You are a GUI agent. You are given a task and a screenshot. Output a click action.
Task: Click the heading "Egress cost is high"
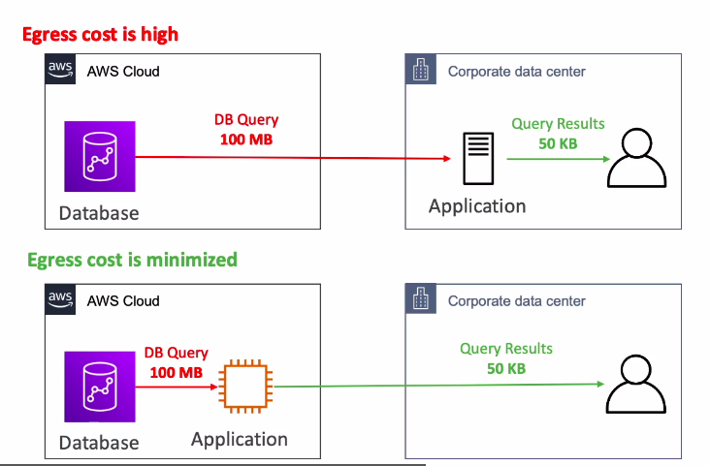(100, 35)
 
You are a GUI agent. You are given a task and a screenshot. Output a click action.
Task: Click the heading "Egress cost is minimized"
(132, 259)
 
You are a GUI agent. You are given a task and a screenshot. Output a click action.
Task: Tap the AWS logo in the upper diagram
(60, 70)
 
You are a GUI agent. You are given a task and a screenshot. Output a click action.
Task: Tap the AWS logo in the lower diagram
(60, 299)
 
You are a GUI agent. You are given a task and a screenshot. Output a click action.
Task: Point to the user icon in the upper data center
(636, 158)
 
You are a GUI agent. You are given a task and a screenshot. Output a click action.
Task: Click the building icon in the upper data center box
(421, 70)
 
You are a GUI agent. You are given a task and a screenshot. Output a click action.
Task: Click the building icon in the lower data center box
(421, 299)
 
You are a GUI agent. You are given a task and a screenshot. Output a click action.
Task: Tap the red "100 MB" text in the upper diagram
(246, 139)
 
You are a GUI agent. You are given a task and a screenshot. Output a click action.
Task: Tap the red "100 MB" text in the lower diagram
(176, 372)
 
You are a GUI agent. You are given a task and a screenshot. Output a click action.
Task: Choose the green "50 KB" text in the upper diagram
(558, 142)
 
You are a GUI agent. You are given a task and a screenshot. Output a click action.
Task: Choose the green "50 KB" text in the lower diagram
(506, 368)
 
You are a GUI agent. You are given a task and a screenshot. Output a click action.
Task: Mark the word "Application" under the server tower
(477, 206)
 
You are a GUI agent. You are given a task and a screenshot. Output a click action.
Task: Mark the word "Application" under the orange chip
(240, 439)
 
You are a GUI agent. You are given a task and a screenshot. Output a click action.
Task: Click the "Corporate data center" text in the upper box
(516, 72)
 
